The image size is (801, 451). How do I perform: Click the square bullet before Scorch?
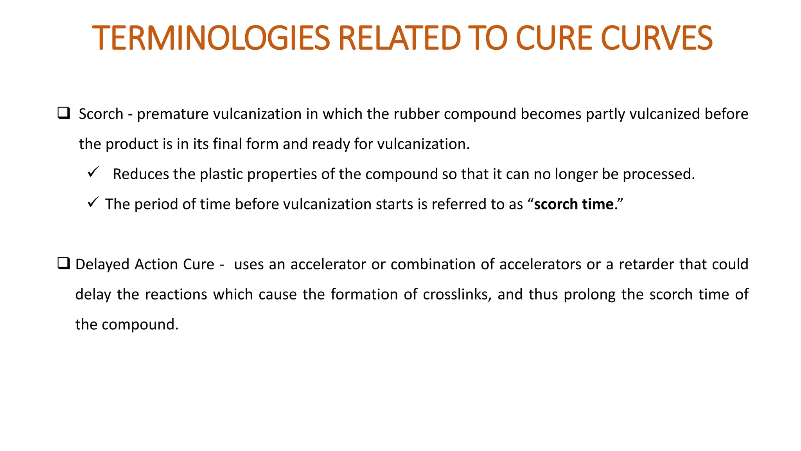[63, 113]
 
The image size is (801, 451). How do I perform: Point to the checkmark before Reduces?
[93, 172]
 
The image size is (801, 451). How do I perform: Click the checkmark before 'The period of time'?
[93, 202]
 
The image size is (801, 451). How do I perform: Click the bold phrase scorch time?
[574, 204]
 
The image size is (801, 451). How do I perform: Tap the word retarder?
[645, 264]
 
